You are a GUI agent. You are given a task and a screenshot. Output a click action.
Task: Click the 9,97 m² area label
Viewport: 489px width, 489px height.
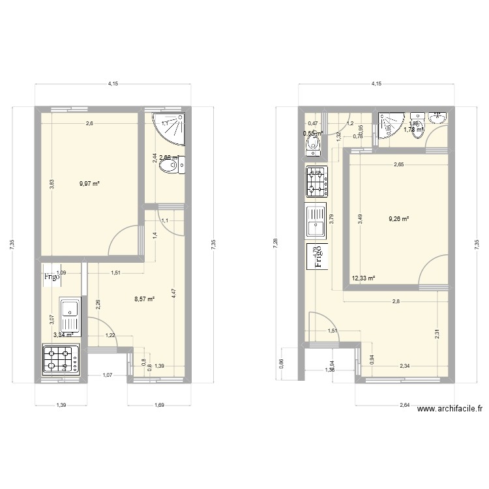(x=89, y=184)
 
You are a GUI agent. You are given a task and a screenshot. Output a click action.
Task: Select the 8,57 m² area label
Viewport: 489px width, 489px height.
(x=144, y=299)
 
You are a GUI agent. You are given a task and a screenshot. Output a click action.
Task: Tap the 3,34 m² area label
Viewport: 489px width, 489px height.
(x=63, y=335)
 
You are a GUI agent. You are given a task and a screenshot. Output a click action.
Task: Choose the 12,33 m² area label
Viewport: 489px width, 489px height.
(x=363, y=278)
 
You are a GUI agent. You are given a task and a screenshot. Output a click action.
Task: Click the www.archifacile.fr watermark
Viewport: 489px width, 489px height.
(x=450, y=409)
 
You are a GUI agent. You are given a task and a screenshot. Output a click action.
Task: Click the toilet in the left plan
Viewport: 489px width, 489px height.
(x=173, y=166)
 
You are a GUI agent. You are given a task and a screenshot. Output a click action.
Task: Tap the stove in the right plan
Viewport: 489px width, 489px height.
(x=317, y=181)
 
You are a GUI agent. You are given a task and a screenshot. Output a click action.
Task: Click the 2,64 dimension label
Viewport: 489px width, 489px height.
(x=404, y=405)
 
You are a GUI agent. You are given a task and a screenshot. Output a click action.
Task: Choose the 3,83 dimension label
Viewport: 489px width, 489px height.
(x=52, y=184)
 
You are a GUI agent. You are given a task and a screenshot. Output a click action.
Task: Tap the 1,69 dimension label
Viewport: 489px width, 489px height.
(x=159, y=405)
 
